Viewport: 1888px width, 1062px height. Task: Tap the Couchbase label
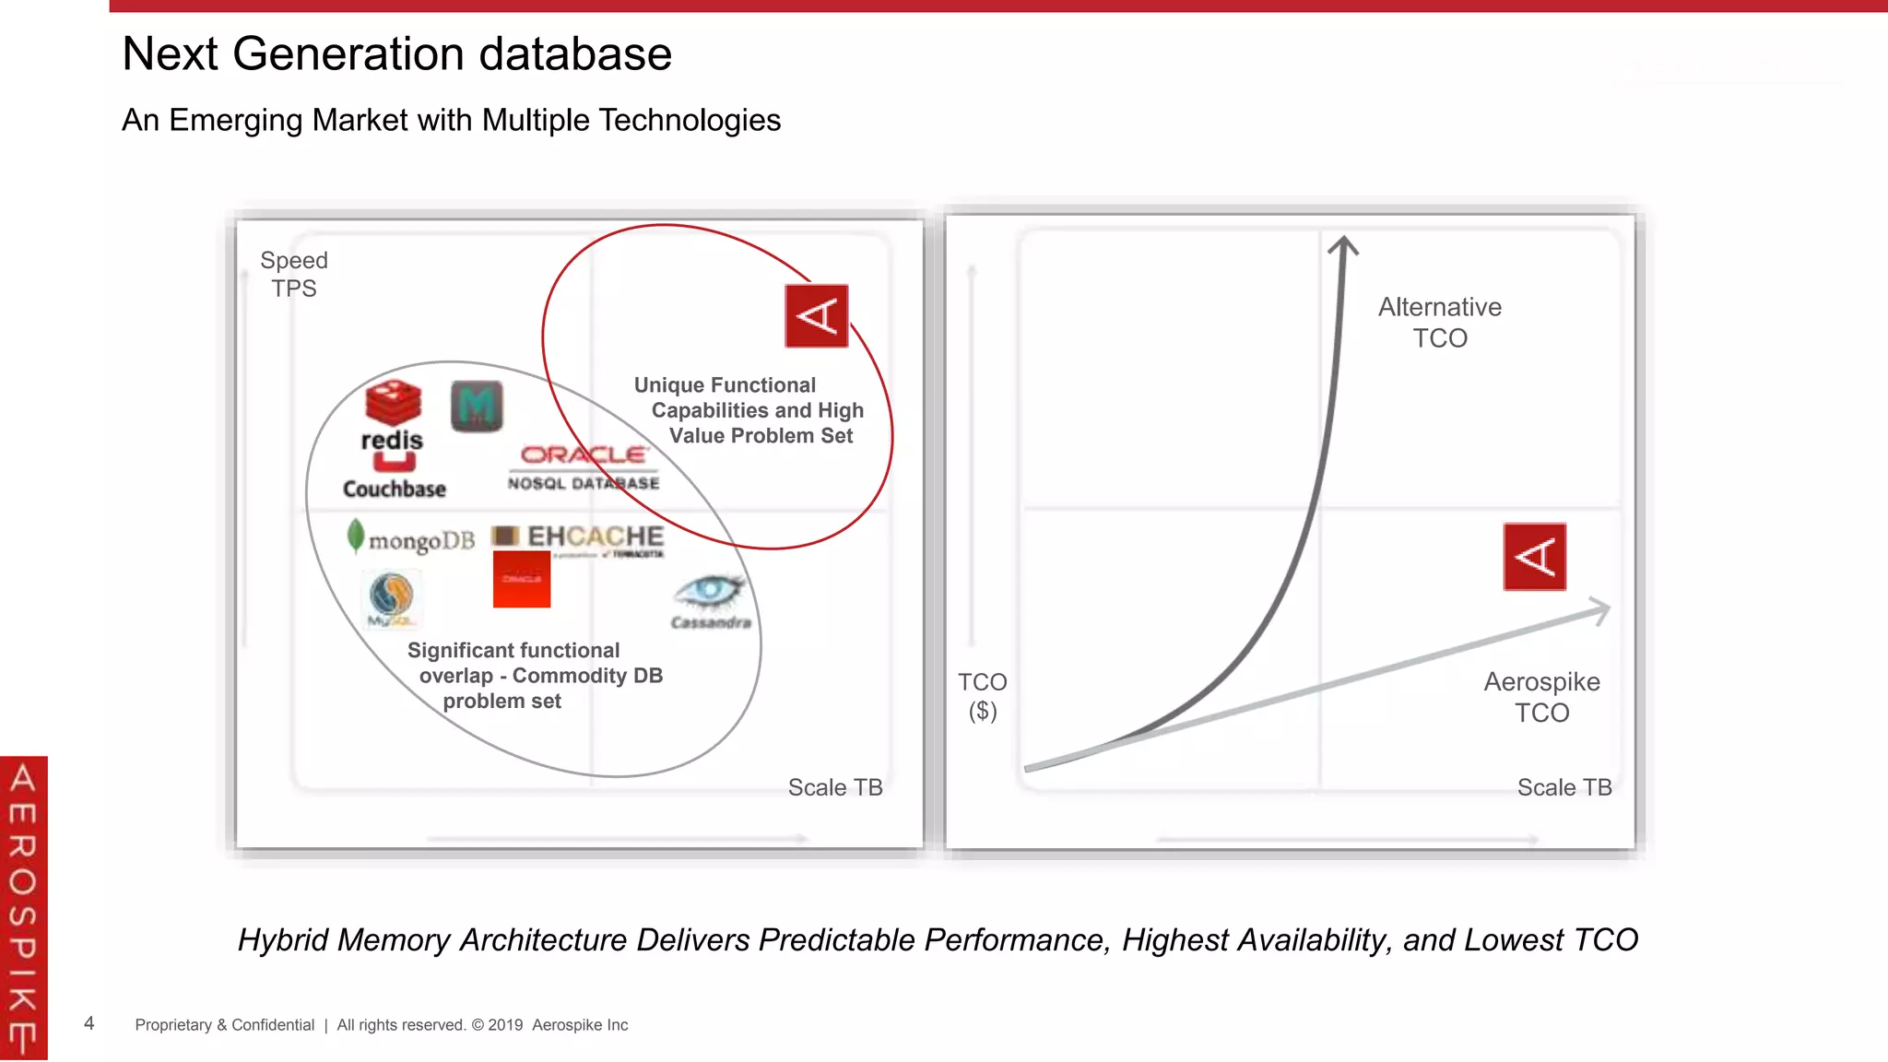point(395,489)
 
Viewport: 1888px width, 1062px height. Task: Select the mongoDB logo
point(411,539)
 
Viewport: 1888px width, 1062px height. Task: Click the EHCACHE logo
point(579,537)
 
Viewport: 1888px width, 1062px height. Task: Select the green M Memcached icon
point(477,407)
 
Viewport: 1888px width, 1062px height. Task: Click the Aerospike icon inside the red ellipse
point(816,316)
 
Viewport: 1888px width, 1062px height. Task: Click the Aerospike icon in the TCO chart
point(1534,557)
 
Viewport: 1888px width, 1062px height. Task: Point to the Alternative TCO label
point(1439,323)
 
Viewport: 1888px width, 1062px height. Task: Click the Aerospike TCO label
point(1541,697)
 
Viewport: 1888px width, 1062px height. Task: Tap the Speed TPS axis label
point(294,275)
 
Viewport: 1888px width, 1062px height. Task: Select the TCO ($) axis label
point(982,696)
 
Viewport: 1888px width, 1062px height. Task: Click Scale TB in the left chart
point(835,787)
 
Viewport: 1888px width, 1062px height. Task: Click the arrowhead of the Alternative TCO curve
point(1343,244)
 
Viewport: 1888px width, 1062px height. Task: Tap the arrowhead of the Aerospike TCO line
point(1601,610)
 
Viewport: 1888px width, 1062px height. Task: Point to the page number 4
point(89,1023)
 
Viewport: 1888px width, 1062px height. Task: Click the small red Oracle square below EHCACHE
point(522,580)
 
